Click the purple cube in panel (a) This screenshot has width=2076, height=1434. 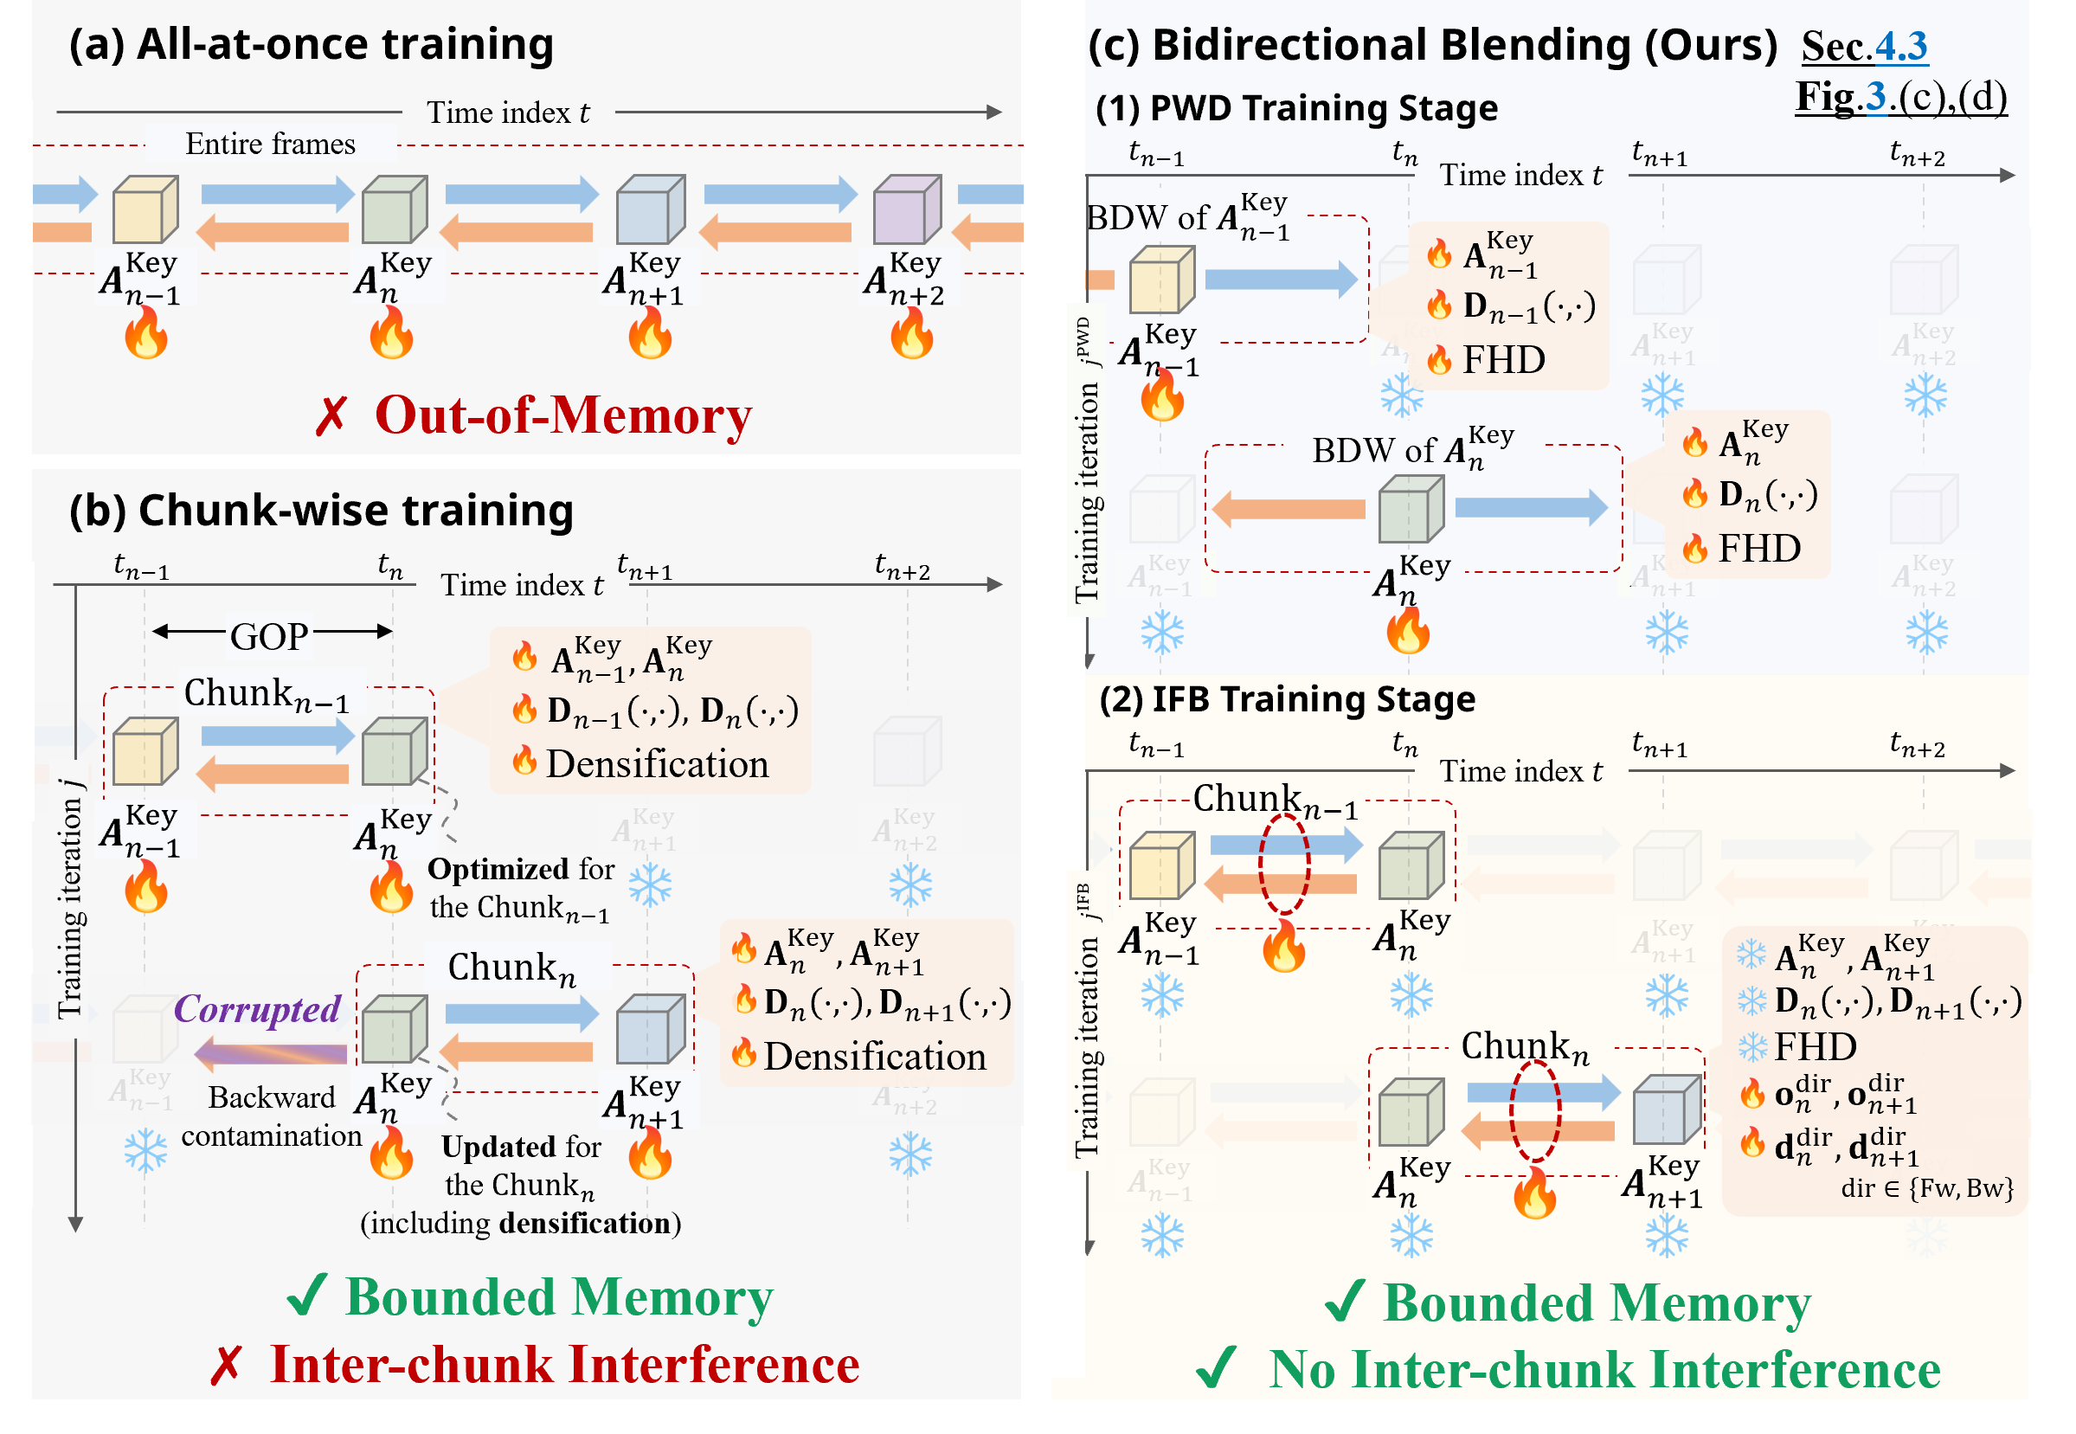[x=906, y=209]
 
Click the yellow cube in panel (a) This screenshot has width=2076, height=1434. [x=145, y=209]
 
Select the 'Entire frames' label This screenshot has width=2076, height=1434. [x=270, y=144]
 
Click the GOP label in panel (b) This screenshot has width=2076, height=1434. [x=268, y=636]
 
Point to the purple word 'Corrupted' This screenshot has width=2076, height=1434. [x=257, y=1008]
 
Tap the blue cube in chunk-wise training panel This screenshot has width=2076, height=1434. [x=650, y=1029]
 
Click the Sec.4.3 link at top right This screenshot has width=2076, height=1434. [x=1864, y=46]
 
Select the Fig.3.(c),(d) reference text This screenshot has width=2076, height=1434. [x=1900, y=96]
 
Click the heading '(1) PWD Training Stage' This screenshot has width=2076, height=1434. [x=1296, y=108]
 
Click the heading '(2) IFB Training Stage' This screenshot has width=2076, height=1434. [x=1287, y=699]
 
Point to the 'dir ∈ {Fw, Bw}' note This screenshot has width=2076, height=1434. [x=1927, y=1188]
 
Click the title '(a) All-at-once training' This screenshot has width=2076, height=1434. [x=311, y=44]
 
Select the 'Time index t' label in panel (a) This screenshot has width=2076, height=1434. [x=508, y=113]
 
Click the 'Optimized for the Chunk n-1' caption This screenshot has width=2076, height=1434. [x=521, y=889]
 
